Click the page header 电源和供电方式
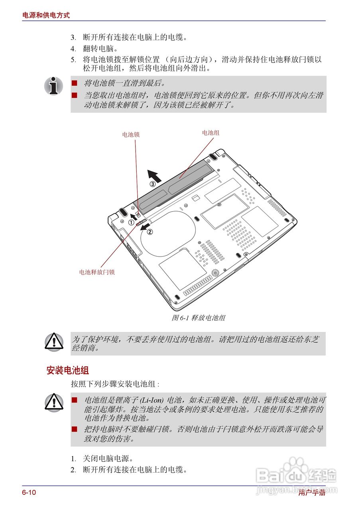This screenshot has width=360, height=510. click(46, 15)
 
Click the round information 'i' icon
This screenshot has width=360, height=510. click(53, 86)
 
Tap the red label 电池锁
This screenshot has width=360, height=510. click(131, 135)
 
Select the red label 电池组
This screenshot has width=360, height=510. click(210, 133)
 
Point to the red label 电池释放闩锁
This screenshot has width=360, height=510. click(97, 273)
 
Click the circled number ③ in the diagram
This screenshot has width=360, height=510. click(153, 184)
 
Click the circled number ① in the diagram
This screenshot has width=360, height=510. click(131, 223)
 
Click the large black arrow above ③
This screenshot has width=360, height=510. click(154, 175)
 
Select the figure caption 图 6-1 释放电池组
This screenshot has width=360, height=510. click(199, 318)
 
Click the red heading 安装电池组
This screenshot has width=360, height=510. click(68, 370)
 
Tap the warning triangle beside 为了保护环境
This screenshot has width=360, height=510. click(54, 342)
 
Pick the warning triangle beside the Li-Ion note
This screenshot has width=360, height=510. click(54, 402)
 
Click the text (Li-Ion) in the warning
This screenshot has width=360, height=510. click(152, 400)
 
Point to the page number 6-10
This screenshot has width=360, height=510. click(29, 492)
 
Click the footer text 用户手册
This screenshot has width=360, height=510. click(312, 493)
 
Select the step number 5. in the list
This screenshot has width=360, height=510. click(73, 60)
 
